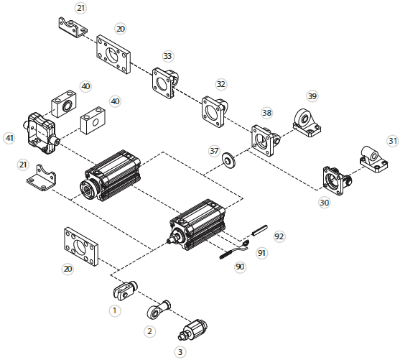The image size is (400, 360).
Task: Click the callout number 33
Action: (167, 56)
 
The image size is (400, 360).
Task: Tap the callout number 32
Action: (220, 84)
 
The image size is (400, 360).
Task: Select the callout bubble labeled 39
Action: (312, 96)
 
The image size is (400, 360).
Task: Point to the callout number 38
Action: (267, 113)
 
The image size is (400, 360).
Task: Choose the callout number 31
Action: (392, 141)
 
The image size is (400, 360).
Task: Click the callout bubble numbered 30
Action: (324, 203)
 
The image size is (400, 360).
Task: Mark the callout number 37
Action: (214, 151)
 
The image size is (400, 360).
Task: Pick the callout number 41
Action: (9, 137)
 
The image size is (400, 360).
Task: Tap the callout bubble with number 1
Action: (113, 310)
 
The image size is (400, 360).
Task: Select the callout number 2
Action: (149, 331)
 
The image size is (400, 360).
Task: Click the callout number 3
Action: (180, 352)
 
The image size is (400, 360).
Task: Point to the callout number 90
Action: (240, 267)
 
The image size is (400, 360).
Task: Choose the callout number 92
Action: (279, 236)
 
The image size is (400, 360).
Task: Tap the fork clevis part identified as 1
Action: (126, 290)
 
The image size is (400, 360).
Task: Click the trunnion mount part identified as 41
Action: (42, 129)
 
